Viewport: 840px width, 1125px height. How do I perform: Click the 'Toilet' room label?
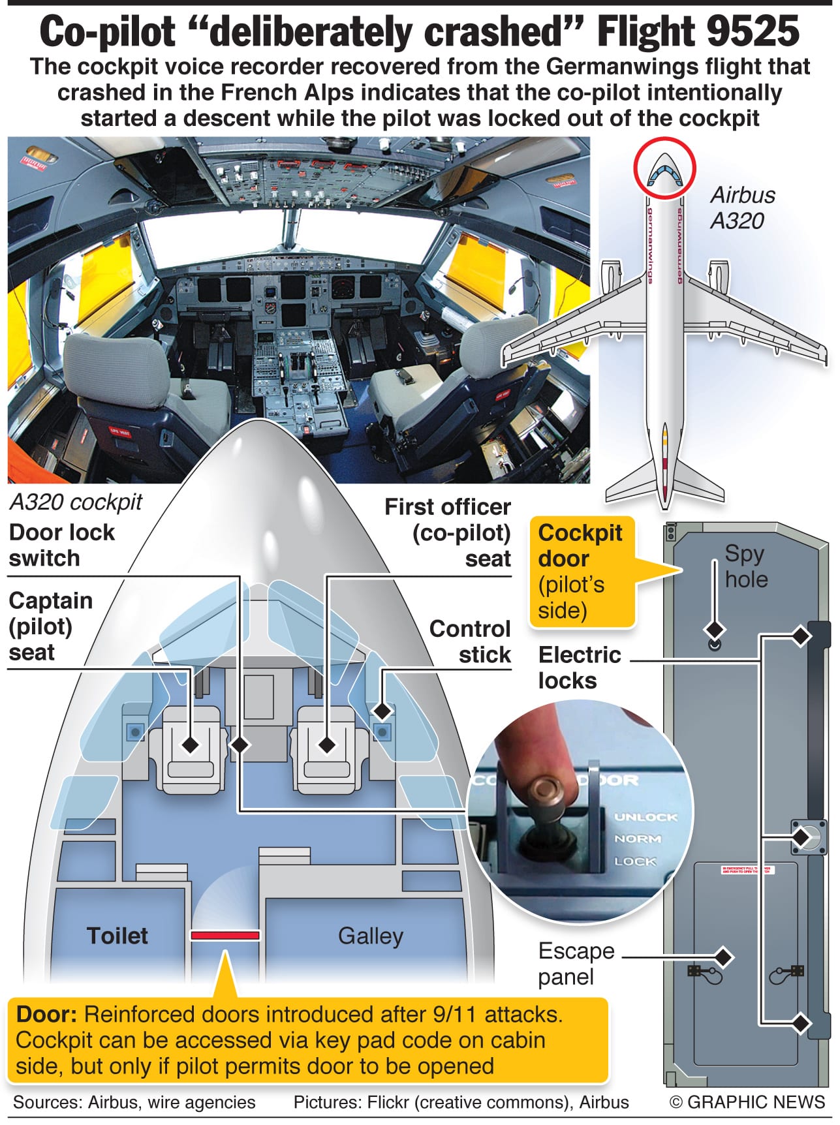[x=117, y=935]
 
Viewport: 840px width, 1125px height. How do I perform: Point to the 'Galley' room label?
[x=370, y=936]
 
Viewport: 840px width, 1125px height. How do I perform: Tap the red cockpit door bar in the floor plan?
[x=225, y=935]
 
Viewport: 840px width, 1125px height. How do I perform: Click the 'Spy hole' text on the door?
[x=745, y=566]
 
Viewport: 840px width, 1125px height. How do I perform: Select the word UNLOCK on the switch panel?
[x=646, y=816]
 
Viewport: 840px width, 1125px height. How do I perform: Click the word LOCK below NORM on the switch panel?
[x=634, y=861]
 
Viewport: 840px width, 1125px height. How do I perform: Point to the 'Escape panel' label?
[x=576, y=963]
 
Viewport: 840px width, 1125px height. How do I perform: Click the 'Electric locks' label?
[x=579, y=667]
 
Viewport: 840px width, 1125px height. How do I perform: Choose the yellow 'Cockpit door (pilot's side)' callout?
[x=580, y=571]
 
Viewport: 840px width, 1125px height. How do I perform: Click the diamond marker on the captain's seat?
[x=191, y=744]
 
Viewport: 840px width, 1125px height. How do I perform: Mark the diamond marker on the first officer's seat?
[x=327, y=744]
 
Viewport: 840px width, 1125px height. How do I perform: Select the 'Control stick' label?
[x=470, y=641]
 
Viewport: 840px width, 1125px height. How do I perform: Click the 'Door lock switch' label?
[x=62, y=545]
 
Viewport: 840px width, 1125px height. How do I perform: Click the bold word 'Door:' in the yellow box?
[x=47, y=1014]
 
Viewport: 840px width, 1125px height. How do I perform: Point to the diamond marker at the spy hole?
[x=715, y=630]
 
